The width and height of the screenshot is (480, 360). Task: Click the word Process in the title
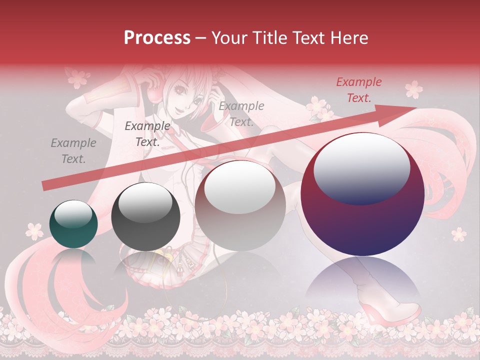coord(157,37)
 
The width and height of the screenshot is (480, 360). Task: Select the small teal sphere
coord(73,224)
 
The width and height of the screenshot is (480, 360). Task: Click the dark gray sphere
coord(145,217)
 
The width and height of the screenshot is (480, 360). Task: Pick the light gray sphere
coord(240,206)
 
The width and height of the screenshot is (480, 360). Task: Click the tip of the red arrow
coord(415,107)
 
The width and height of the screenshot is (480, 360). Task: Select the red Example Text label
coord(359,90)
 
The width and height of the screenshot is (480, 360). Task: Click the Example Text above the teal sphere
coord(73,151)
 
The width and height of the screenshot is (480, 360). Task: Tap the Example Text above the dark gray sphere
coord(147,133)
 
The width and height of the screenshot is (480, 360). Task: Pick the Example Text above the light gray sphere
coord(241,114)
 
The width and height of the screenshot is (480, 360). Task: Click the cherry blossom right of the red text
coord(413,89)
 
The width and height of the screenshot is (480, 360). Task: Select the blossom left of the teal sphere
coord(34,230)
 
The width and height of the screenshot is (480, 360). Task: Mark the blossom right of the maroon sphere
coord(458,233)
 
